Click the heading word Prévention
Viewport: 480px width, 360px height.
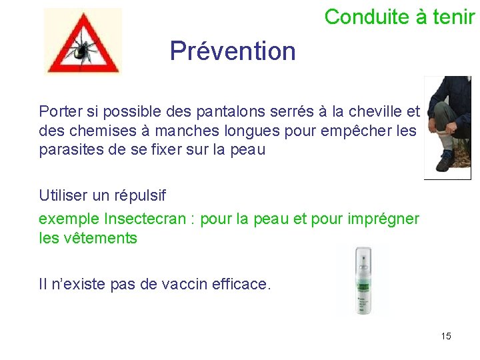click(x=233, y=51)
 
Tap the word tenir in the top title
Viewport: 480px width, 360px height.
click(x=454, y=17)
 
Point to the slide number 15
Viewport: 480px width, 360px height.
click(x=446, y=336)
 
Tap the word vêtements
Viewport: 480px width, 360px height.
click(x=101, y=238)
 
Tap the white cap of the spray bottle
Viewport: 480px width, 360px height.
click(x=363, y=256)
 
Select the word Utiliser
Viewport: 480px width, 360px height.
click(x=65, y=196)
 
